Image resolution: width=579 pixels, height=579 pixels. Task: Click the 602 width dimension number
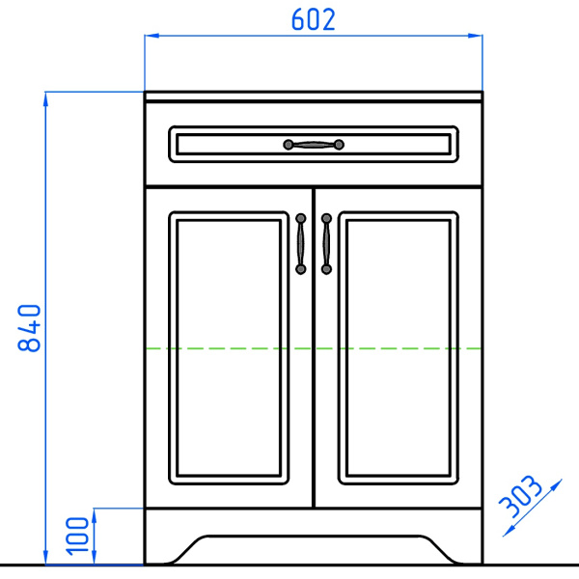click(313, 19)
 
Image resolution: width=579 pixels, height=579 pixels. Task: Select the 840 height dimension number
click(29, 328)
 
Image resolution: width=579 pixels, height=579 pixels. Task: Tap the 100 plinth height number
click(77, 537)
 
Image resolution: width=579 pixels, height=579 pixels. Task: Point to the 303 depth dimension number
click(521, 497)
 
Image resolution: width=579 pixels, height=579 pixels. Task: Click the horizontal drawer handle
click(314, 145)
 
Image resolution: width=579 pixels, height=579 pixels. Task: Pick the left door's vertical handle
click(300, 244)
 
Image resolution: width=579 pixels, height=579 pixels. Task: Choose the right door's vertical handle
click(326, 244)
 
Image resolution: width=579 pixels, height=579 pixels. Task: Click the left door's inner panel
click(229, 347)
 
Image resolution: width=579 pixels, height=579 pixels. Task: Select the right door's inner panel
click(399, 347)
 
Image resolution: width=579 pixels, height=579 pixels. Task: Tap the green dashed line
click(314, 348)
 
